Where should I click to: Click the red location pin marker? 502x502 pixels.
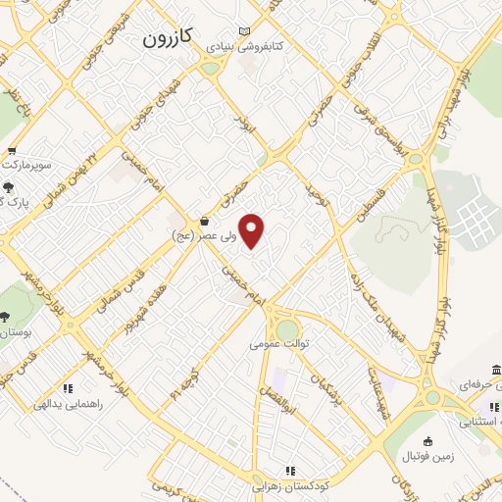coord(253,231)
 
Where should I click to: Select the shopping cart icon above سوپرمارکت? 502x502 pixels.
coord(11,151)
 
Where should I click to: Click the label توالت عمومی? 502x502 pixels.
coord(278,344)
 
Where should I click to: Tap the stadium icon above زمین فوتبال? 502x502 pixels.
coord(427,443)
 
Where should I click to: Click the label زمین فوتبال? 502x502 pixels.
coord(427,458)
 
